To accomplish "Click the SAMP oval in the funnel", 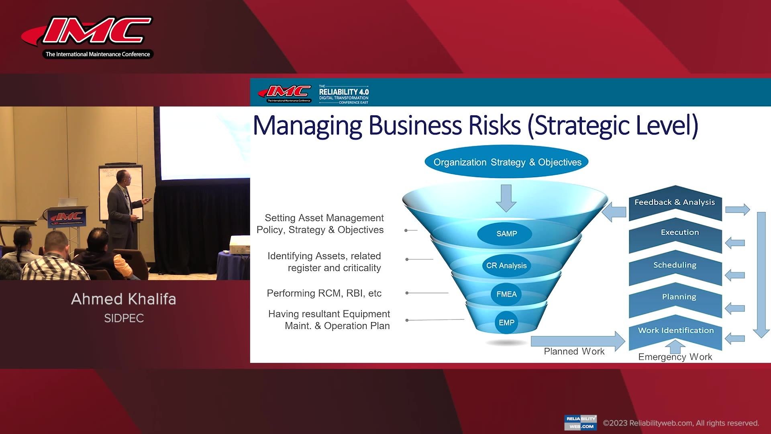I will pos(506,233).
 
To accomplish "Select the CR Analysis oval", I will pos(506,266).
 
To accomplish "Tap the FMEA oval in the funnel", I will pos(506,294).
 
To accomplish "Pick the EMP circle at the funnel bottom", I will pos(506,323).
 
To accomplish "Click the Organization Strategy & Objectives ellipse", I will pos(507,162).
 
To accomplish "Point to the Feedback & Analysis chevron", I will pos(675,203).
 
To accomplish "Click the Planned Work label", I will pos(574,352).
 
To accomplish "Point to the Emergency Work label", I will pos(675,357).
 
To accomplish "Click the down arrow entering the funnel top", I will pos(506,198).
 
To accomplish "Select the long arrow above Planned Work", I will pos(577,341).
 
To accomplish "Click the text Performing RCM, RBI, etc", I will pos(324,293).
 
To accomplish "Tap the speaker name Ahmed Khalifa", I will pos(124,299).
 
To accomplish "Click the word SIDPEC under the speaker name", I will pos(124,318).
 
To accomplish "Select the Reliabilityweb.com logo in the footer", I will pos(580,422).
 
